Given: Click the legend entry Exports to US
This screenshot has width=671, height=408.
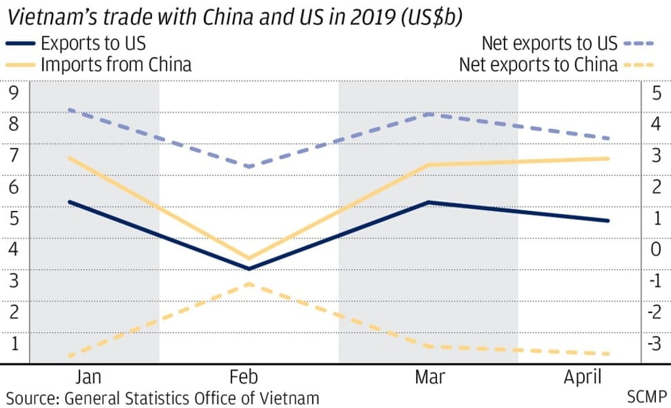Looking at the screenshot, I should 93,45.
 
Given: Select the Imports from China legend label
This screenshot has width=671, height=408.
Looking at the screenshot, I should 115,65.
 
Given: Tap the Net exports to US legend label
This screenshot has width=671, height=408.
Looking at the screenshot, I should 549,44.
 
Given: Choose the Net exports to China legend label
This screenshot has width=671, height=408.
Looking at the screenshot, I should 538,65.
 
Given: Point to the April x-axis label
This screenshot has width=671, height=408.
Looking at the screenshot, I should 583,377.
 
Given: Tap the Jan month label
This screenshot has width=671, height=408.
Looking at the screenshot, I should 88,377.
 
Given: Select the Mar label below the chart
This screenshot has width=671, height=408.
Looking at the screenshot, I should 429,377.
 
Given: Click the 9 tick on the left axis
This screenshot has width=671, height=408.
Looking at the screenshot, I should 14,92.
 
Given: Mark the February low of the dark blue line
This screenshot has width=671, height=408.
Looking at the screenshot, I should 249,269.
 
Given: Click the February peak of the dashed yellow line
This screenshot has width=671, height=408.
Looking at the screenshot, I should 248,284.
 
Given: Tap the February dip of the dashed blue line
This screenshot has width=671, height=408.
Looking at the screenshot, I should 248,166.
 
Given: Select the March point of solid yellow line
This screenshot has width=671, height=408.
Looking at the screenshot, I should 428,165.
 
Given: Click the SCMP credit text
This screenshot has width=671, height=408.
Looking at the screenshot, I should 646,397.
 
